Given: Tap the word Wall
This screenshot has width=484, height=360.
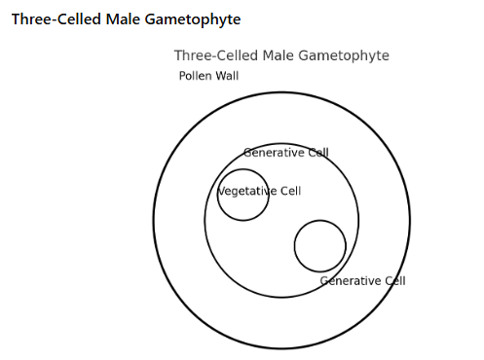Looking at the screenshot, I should [x=228, y=76].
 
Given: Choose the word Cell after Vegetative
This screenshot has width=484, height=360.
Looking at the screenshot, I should [x=290, y=191].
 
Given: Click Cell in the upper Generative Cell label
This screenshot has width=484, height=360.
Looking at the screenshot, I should [x=318, y=153].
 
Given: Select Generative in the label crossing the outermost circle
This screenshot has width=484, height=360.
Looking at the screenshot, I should [x=351, y=281].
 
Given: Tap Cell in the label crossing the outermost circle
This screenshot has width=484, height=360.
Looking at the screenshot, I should [x=394, y=281].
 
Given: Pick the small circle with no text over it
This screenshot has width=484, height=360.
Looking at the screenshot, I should [x=319, y=246].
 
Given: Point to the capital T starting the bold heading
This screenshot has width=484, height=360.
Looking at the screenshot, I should [x=16, y=19].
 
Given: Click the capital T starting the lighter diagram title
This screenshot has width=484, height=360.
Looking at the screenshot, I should [x=178, y=55].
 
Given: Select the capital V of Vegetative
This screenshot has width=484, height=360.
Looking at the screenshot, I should [x=220, y=191].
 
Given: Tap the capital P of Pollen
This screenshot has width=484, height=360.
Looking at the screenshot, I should [x=182, y=76].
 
